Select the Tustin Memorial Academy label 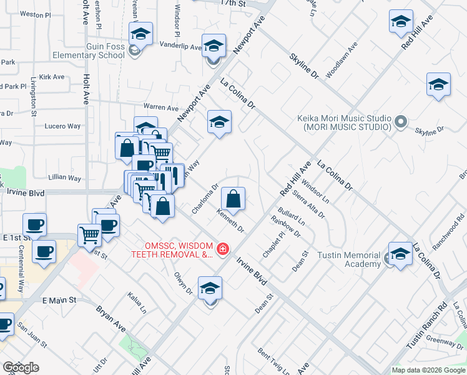348,259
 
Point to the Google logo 21,367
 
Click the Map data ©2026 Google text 428,370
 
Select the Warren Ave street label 161,107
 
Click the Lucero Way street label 62,126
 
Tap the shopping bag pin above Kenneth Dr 233,199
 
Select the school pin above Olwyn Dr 210,290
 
